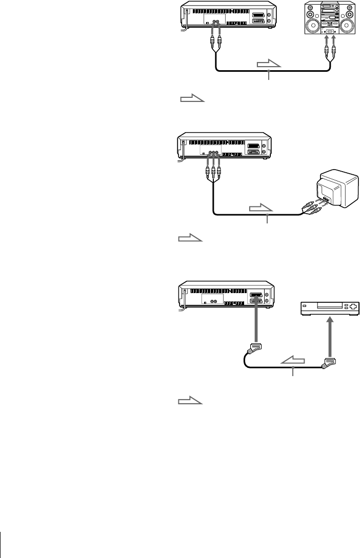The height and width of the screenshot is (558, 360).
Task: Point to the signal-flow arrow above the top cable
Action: click(x=268, y=64)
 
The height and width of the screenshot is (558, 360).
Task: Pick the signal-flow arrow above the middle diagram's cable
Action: click(x=262, y=209)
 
